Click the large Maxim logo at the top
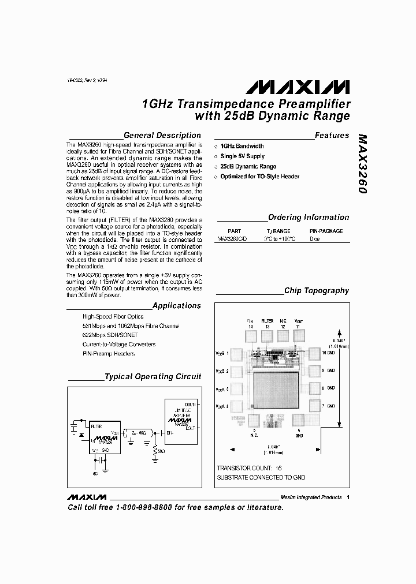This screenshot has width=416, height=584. [x=297, y=87]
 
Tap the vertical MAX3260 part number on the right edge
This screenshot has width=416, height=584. [x=362, y=163]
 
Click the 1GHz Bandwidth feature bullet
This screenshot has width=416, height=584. [x=242, y=147]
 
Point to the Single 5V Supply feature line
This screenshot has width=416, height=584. [x=242, y=156]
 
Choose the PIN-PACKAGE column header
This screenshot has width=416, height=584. [x=326, y=231]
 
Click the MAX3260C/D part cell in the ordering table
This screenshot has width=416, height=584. [x=232, y=238]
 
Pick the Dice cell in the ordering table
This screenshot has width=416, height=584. [x=314, y=238]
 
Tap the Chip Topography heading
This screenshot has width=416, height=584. [x=316, y=291]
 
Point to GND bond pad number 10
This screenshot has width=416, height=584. [x=314, y=353]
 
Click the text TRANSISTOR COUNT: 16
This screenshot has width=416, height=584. [x=249, y=468]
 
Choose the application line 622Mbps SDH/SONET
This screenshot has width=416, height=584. [x=110, y=335]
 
